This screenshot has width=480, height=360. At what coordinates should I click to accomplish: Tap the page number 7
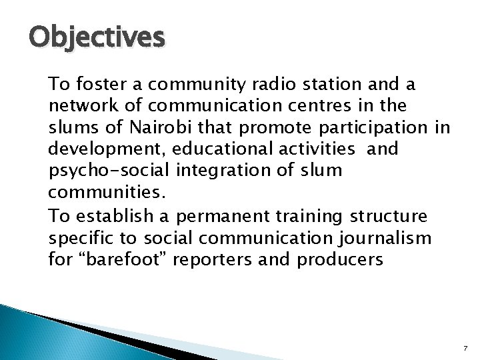(x=465, y=348)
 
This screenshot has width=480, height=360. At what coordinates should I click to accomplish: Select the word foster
(x=113, y=85)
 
